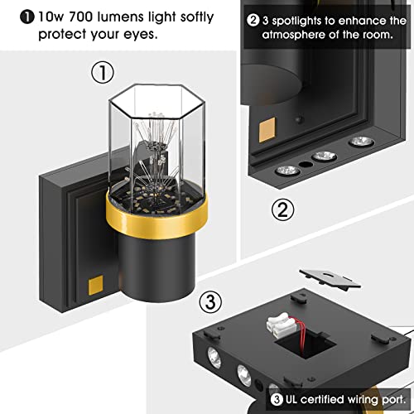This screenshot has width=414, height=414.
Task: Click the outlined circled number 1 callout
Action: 103,72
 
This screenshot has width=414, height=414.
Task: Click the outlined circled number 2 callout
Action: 283,210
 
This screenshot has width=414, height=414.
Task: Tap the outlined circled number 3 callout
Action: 210,301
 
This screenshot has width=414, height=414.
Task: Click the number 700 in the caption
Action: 80,17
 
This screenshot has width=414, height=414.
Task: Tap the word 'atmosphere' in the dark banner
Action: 292,35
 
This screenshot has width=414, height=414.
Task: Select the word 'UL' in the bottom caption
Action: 291,399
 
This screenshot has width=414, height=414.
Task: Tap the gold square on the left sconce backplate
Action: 96,285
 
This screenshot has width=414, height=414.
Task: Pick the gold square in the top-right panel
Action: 267,130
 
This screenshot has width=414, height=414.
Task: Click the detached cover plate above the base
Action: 330,279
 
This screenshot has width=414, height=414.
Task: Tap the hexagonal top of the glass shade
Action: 156,101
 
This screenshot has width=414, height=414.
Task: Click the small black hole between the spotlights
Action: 306,165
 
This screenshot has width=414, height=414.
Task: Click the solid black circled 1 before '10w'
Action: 27,17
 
